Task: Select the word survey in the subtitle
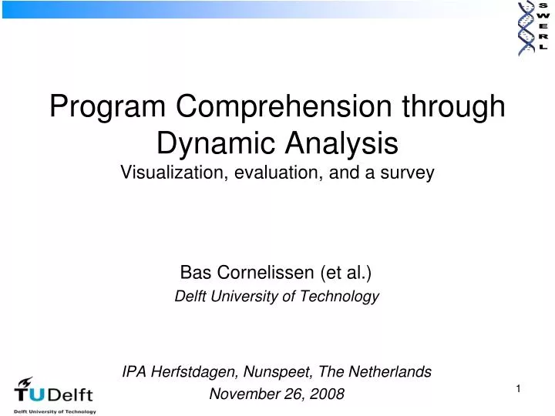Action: [409, 173]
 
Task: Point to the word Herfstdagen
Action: [190, 371]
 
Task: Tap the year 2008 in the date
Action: [328, 394]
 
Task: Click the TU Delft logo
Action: [54, 396]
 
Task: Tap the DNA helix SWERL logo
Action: [532, 27]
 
